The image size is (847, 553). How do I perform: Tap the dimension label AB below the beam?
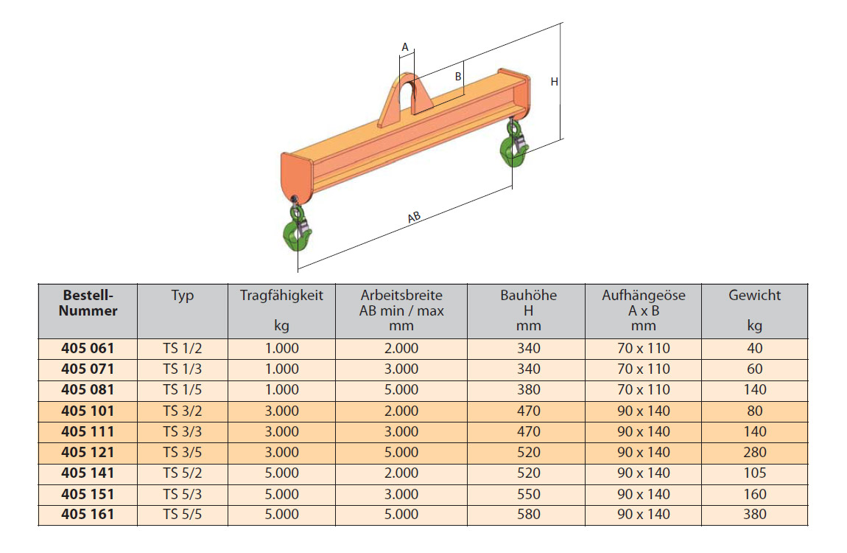click(414, 218)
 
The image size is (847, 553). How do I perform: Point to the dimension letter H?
click(554, 82)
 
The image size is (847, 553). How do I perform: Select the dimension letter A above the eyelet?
click(405, 48)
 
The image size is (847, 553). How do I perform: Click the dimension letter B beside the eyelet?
click(458, 77)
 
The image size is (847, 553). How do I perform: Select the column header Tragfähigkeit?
click(281, 295)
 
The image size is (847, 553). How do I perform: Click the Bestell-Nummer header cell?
click(88, 303)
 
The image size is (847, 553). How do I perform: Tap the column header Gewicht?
click(755, 295)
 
